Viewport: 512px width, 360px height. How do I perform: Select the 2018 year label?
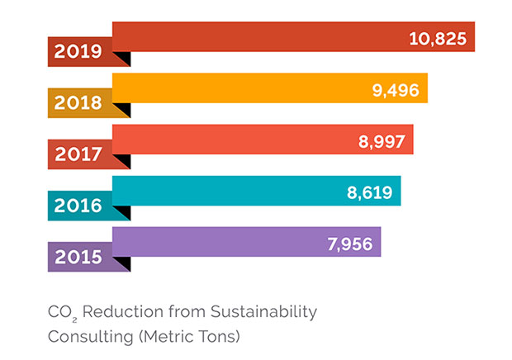(78, 103)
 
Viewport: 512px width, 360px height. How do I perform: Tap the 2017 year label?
(78, 154)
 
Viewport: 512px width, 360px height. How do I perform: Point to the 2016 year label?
(78, 206)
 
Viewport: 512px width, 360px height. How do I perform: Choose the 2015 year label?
(78, 257)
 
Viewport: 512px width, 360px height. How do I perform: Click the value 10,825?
(438, 38)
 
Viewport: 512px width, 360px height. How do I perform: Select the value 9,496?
(396, 89)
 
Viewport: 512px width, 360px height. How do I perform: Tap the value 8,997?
(381, 140)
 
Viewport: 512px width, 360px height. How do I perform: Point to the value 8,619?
(369, 192)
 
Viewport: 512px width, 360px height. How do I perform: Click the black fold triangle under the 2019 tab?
(123, 57)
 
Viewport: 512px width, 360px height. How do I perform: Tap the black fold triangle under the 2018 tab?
(123, 108)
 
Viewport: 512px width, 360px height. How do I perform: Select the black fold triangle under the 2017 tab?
(123, 159)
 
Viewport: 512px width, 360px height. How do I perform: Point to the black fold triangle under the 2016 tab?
(123, 211)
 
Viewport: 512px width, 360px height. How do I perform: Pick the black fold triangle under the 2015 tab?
(123, 262)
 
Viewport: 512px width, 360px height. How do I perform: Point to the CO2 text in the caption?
(62, 312)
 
